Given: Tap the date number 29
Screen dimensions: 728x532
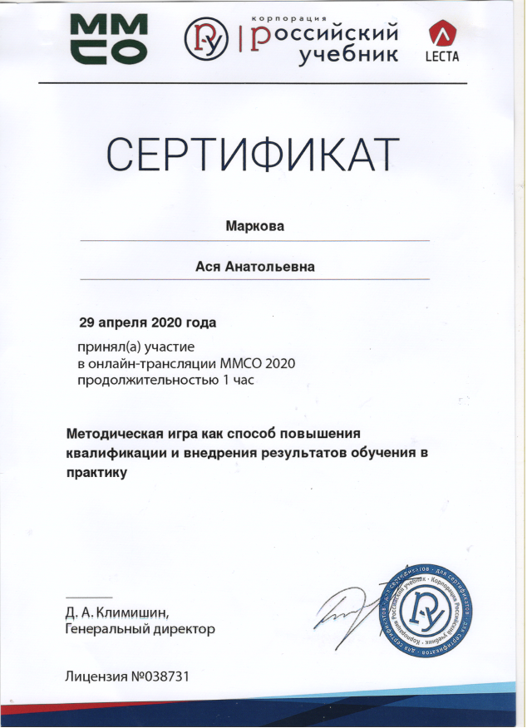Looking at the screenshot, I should click(x=87, y=321).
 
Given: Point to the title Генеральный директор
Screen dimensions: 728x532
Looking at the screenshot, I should click(x=140, y=629).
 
